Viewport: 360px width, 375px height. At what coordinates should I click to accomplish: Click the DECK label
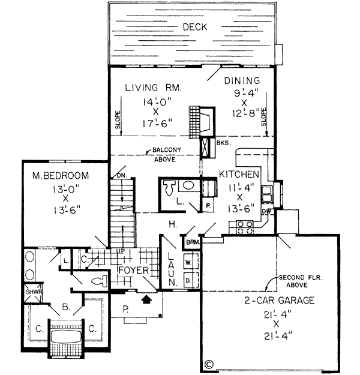point(195,27)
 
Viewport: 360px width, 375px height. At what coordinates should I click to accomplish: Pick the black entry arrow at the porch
point(146,296)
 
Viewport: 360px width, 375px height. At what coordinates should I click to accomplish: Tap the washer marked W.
point(187,263)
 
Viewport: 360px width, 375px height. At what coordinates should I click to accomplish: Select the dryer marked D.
point(187,280)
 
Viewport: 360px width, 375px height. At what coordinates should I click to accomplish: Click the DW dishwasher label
point(266,211)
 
